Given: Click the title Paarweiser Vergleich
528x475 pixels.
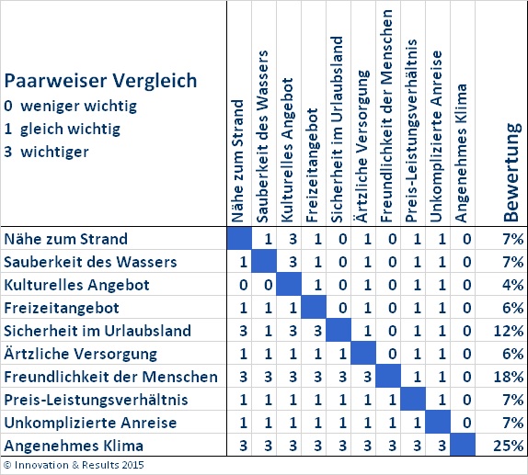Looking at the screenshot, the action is (x=100, y=81).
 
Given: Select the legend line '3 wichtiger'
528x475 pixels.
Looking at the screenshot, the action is (x=47, y=152).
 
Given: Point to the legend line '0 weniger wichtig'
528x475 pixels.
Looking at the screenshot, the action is (x=71, y=106).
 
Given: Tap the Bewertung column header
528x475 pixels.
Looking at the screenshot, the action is (x=511, y=172).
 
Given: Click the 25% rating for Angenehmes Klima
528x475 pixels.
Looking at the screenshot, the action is (x=509, y=446).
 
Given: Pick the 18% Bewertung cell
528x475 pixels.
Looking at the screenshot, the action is (x=509, y=377).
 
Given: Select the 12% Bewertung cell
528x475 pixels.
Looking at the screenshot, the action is (x=509, y=331).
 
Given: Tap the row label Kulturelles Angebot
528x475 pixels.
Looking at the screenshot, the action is (x=76, y=285).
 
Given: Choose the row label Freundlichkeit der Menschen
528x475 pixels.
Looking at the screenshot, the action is (x=110, y=377).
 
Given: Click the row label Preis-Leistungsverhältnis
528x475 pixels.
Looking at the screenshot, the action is (x=96, y=400).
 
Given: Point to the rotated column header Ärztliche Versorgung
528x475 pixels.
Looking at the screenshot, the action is (x=363, y=146).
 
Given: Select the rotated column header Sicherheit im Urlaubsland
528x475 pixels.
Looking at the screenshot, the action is (x=338, y=130).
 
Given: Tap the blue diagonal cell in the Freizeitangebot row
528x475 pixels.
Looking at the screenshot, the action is (x=314, y=307).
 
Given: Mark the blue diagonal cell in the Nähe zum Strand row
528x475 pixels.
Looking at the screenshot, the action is (x=239, y=239).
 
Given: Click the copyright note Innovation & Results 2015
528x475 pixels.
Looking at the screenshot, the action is (x=74, y=465).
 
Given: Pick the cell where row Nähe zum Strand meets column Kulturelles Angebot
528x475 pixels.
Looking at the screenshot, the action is (x=293, y=239).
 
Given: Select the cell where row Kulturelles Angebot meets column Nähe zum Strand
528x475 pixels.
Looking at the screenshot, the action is (x=243, y=285).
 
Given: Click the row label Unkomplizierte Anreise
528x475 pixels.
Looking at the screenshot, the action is (x=90, y=423).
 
